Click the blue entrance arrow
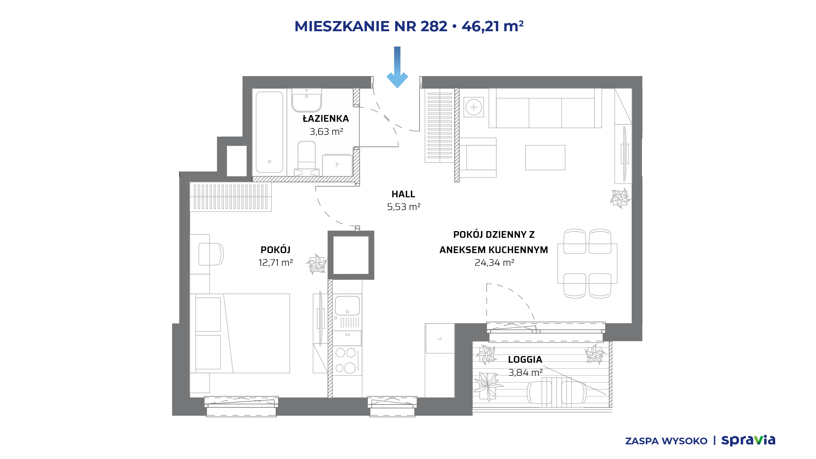tap(397, 67)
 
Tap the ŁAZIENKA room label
tap(326, 119)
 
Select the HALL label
tap(403, 194)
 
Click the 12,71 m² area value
tap(275, 263)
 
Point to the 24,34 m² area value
tap(494, 263)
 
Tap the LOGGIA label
tap(525, 360)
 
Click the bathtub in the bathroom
tap(269, 132)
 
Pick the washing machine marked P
tap(337, 165)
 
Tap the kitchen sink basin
tap(347, 306)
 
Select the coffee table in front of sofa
tap(545, 158)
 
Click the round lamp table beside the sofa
tap(474, 107)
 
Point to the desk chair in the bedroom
tap(211, 254)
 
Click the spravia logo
tap(748, 440)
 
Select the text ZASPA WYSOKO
tap(666, 441)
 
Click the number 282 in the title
tap(434, 26)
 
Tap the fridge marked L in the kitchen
tap(440, 339)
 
